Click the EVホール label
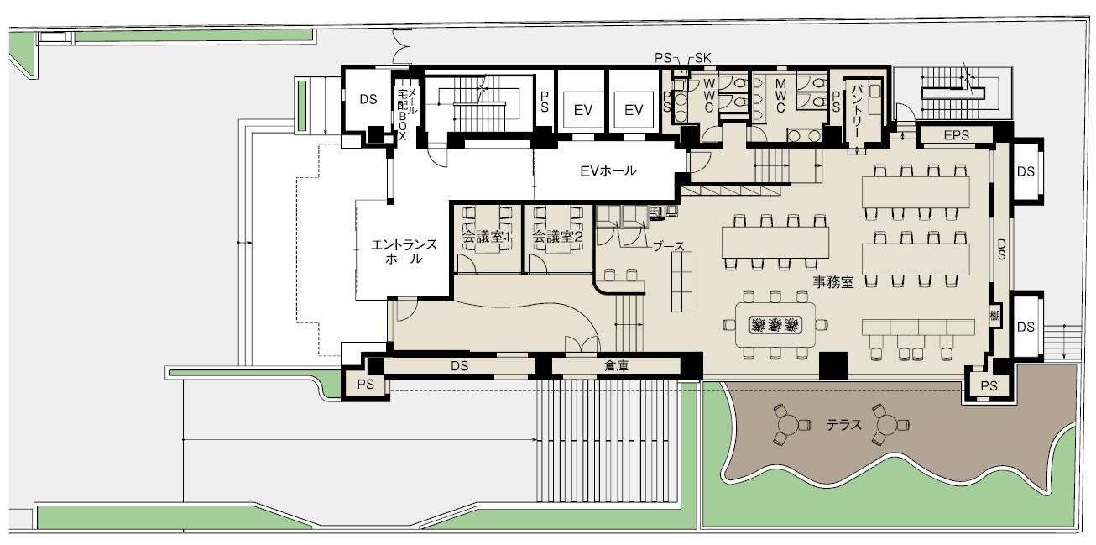pyautogui.click(x=608, y=171)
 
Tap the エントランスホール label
pyautogui.click(x=404, y=252)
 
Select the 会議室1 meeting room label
pyautogui.click(x=487, y=238)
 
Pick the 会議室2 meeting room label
pyautogui.click(x=557, y=238)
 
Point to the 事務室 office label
pyautogui.click(x=833, y=282)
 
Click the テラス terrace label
pyautogui.click(x=843, y=425)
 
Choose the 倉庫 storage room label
pyautogui.click(x=616, y=366)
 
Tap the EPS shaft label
pyautogui.click(x=956, y=135)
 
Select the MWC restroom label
pyautogui.click(x=780, y=97)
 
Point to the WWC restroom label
pyautogui.click(x=709, y=96)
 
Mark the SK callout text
pyautogui.click(x=702, y=58)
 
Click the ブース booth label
pyautogui.click(x=668, y=246)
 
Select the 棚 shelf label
pyautogui.click(x=994, y=316)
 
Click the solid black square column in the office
pyautogui.click(x=833, y=365)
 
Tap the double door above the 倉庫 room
pyautogui.click(x=582, y=344)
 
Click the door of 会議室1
pyautogui.click(x=467, y=264)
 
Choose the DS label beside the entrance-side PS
pyautogui.click(x=459, y=366)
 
